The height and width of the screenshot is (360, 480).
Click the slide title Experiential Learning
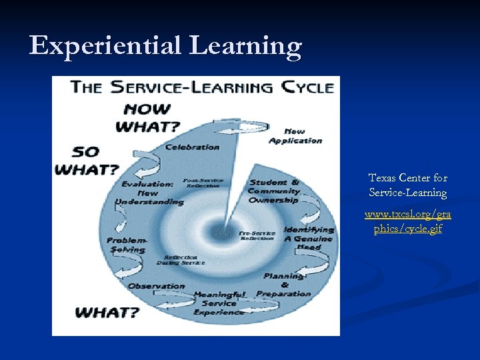click(x=165, y=46)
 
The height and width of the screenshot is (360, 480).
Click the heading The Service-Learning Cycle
click(x=202, y=87)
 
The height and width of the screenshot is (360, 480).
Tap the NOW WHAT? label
click(x=148, y=117)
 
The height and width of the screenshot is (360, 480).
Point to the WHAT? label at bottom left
click(x=107, y=311)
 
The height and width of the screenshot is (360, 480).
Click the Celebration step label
click(x=192, y=147)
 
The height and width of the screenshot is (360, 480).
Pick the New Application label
click(x=295, y=136)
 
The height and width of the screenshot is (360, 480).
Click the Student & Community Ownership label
click(x=274, y=191)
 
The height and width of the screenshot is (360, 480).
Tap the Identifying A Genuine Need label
click(x=308, y=238)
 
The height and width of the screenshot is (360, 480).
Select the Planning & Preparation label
click(x=283, y=285)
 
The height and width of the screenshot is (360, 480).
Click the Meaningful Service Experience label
click(x=219, y=303)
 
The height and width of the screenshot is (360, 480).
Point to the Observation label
click(x=156, y=286)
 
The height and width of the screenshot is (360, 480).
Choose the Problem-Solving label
click(x=126, y=245)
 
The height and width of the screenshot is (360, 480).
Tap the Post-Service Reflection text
click(x=203, y=183)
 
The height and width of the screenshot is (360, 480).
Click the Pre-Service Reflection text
click(x=257, y=235)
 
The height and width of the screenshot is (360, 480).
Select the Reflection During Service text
click(x=181, y=260)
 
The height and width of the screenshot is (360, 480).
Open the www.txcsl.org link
click(x=407, y=222)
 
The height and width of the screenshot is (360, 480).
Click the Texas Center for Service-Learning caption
click(x=408, y=185)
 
